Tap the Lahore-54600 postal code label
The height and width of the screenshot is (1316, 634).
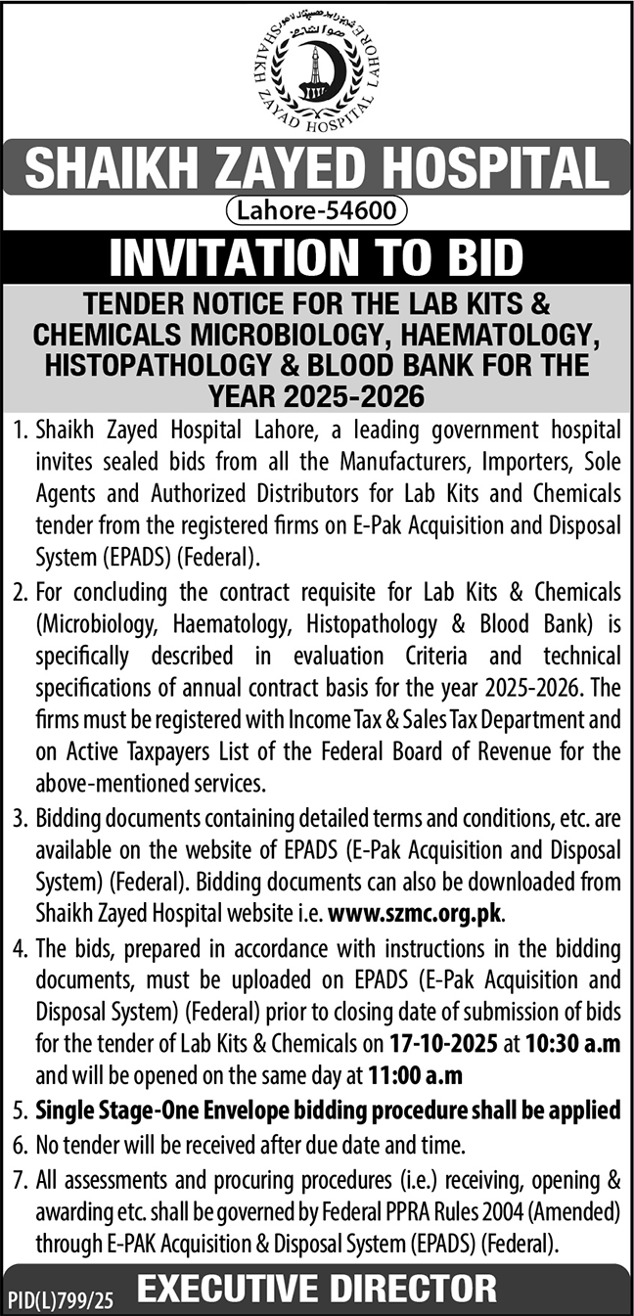(x=317, y=208)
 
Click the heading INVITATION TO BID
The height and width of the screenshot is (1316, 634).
(x=317, y=257)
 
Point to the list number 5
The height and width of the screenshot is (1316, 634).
(x=21, y=1111)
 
